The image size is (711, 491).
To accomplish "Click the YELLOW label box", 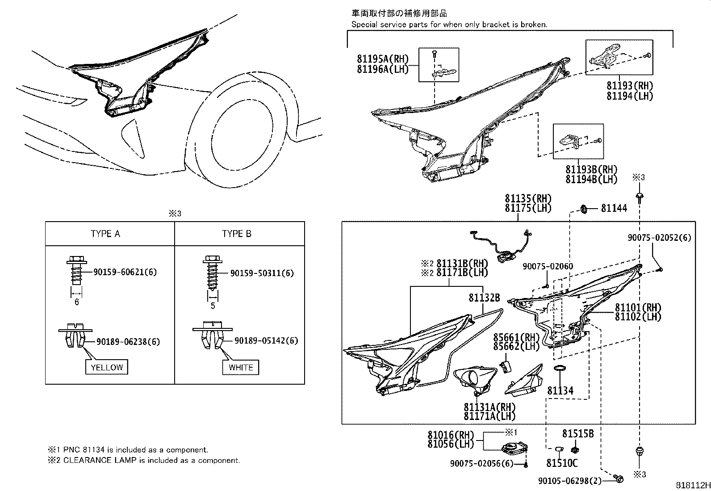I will [107, 367].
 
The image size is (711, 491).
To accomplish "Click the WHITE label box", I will [241, 367].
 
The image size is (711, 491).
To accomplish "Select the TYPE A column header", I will [105, 234].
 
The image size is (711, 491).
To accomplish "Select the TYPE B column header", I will [237, 234].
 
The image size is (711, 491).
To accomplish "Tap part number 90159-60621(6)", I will [125, 272].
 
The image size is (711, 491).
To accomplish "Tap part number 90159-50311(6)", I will [262, 273].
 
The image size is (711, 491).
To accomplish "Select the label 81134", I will [560, 391].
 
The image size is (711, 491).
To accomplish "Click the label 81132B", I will [484, 298].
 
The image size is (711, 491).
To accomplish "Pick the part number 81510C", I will [561, 463].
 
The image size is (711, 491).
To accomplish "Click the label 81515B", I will [577, 433].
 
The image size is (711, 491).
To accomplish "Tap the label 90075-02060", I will [548, 266].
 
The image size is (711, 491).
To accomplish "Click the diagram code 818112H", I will [692, 485].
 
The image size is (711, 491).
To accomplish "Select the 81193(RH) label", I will [630, 86].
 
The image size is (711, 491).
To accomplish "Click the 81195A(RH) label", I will [383, 59].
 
